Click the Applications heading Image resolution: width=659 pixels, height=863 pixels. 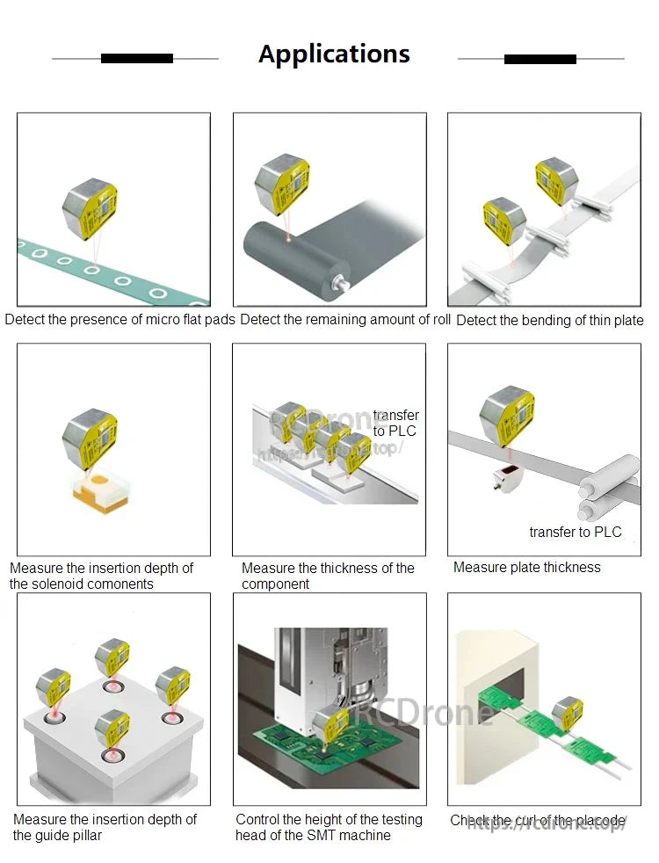coord(334,54)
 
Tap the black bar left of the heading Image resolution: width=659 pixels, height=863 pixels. coord(136,59)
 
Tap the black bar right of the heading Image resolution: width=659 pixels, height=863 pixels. coord(540,59)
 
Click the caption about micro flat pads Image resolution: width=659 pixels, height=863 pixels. coord(120,320)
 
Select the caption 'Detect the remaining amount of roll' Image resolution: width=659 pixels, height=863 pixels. coord(345,320)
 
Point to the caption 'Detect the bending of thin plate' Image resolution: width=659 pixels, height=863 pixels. coord(550,321)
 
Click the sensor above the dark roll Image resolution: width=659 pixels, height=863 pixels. coord(281,184)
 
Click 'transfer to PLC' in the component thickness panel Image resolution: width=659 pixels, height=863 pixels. coord(395,423)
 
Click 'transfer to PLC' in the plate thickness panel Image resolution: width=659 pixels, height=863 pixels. coord(575,532)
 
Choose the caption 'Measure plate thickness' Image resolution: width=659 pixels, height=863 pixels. coord(526,568)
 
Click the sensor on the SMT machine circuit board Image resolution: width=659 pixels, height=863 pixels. coord(330,723)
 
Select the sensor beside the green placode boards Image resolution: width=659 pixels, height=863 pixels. coord(567,713)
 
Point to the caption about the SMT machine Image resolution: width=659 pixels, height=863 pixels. coord(329,827)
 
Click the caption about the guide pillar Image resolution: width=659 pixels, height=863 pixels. coord(105,827)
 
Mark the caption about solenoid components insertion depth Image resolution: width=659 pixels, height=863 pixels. coord(101,576)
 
